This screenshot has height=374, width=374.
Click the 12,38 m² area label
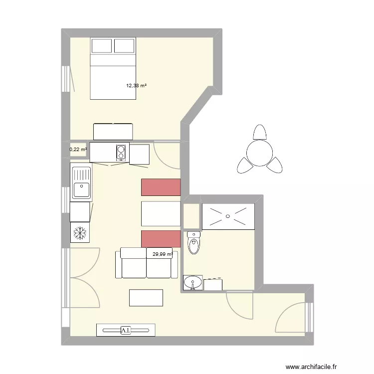(136, 86)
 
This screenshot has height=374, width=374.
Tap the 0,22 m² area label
(78, 149)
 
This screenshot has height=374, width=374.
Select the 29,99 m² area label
(163, 254)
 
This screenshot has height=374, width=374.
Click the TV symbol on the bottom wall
(125, 330)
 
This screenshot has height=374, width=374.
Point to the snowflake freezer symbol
(80, 232)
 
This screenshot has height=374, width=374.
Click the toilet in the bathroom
(193, 244)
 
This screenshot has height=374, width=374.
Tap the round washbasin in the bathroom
(192, 283)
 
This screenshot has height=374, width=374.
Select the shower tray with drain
(228, 216)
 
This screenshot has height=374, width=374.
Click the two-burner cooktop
(121, 152)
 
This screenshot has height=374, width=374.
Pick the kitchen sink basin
(81, 190)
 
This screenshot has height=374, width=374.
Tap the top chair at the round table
(259, 132)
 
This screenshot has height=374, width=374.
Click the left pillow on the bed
(101, 46)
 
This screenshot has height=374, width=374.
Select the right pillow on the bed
(125, 46)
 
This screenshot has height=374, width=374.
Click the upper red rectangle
(161, 187)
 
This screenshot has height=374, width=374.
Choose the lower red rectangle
(160, 239)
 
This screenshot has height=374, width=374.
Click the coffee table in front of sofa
(146, 298)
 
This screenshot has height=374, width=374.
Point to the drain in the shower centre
(228, 216)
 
